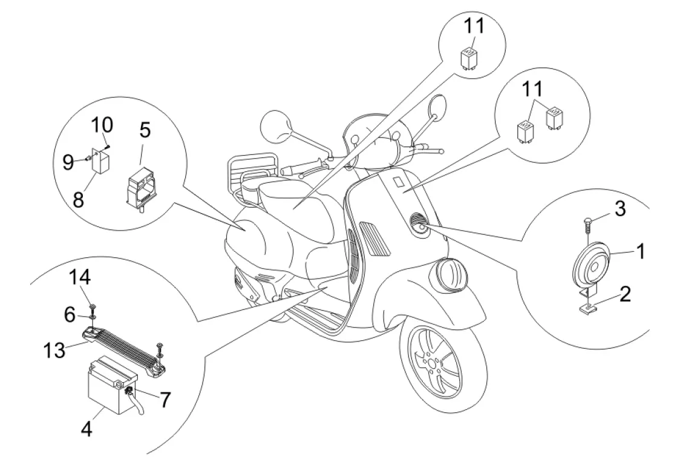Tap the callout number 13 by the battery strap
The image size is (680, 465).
click(55, 350)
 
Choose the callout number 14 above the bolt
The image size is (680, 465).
click(80, 279)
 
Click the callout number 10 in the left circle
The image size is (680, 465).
click(102, 125)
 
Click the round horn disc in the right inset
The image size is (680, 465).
click(591, 265)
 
